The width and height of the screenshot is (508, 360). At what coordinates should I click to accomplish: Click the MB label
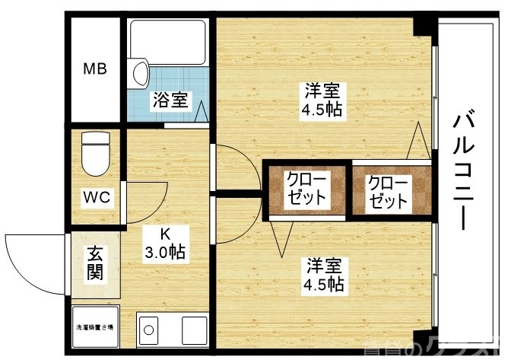[95, 69]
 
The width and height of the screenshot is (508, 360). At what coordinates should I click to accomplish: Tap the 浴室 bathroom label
[170, 100]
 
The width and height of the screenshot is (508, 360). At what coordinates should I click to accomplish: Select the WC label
[97, 197]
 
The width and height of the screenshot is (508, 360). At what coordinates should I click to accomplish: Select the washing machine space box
[95, 327]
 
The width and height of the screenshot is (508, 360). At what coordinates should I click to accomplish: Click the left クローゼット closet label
[305, 189]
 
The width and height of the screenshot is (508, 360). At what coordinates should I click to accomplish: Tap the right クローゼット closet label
[388, 193]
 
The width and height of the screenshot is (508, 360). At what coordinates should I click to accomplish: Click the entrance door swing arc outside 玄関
[34, 263]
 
